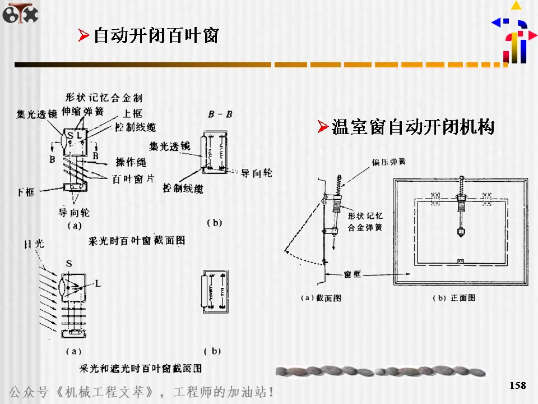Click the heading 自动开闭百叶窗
(155, 36)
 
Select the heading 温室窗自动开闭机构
(412, 127)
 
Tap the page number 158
(518, 385)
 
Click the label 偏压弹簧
(388, 162)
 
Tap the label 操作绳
(131, 163)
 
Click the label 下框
(25, 192)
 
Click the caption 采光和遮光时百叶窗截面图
(141, 368)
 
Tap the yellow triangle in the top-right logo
(516, 6)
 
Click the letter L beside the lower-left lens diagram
(98, 284)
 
